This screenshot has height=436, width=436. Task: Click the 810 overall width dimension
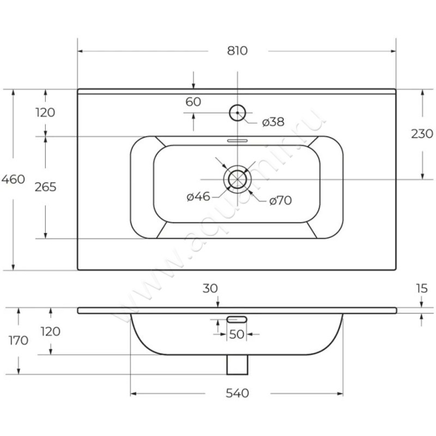(237, 51)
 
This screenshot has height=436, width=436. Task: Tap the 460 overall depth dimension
(13, 179)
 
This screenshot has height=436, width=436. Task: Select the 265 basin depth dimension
(45, 187)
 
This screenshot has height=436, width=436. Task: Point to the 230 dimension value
(422, 134)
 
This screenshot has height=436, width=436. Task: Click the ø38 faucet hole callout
(273, 122)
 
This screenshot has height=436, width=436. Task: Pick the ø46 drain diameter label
(198, 197)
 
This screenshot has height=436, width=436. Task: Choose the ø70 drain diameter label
(280, 201)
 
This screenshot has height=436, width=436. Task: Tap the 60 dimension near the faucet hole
(193, 102)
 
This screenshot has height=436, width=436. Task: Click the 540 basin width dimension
(237, 393)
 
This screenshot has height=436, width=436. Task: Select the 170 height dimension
(19, 340)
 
